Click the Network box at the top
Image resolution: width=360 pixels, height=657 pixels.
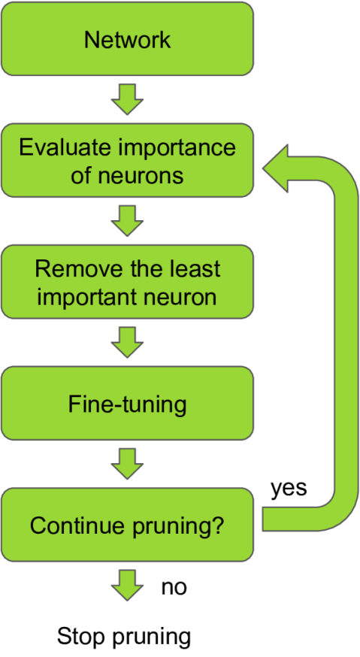tap(126, 39)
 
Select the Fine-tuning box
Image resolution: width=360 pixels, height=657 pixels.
tap(126, 404)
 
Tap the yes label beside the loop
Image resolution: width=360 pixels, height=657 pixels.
tap(289, 488)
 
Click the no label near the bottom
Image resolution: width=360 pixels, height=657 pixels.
tap(174, 586)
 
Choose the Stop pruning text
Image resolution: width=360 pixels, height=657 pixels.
tap(124, 637)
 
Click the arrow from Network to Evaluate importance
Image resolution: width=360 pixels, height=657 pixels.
tap(126, 100)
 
